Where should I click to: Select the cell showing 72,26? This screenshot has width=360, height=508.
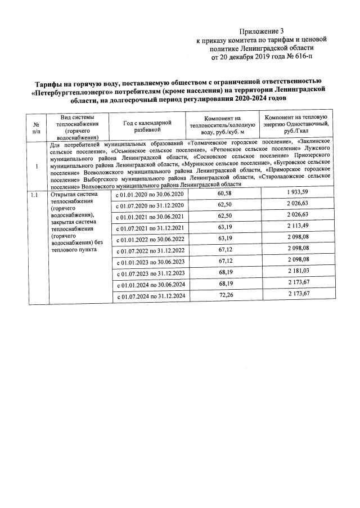pyautogui.click(x=224, y=296)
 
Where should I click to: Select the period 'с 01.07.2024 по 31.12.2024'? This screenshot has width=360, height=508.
pyautogui.click(x=150, y=296)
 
